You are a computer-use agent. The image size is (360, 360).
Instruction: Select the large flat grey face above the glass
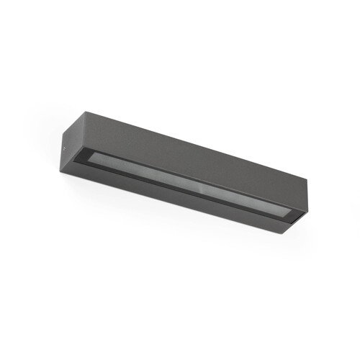point(180,151)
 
